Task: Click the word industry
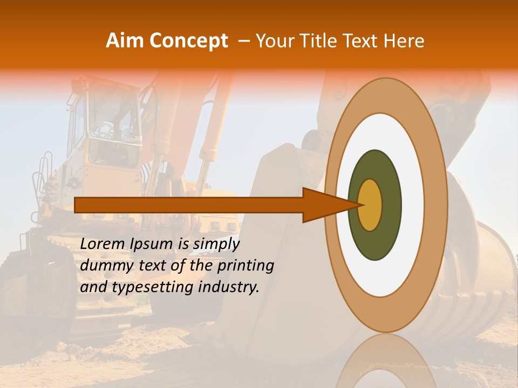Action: point(229,287)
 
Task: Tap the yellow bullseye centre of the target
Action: point(370,205)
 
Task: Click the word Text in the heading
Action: point(363,41)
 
